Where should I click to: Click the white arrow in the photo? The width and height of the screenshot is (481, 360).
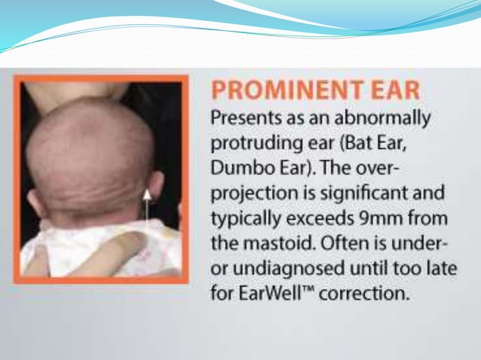[148, 207]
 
